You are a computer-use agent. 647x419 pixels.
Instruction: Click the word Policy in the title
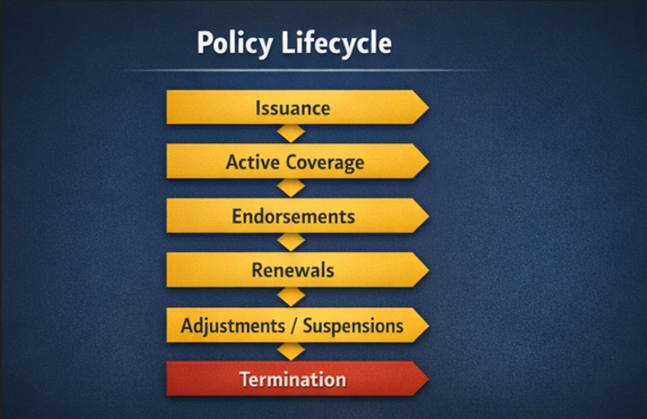(x=235, y=43)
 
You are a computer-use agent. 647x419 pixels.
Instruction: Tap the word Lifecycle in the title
(x=336, y=43)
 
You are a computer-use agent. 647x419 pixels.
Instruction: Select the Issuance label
(x=292, y=108)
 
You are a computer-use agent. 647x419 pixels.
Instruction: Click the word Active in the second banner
(x=253, y=161)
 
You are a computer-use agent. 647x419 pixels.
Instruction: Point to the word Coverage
(x=325, y=163)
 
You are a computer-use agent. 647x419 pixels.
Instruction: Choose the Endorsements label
(x=293, y=216)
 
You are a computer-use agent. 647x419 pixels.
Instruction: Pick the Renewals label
(x=292, y=270)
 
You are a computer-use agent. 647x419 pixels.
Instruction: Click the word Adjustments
(x=233, y=326)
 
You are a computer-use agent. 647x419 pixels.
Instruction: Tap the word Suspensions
(x=353, y=326)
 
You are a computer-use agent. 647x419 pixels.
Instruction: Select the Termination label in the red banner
(x=292, y=379)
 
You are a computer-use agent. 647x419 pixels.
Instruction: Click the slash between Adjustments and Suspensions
(x=294, y=326)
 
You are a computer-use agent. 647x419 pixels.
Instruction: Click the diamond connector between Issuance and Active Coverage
(x=291, y=133)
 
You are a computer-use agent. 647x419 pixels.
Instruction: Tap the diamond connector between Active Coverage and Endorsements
(x=291, y=188)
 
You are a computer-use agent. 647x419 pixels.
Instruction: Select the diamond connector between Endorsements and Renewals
(x=291, y=242)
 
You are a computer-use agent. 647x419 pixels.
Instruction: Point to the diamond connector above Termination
(x=291, y=352)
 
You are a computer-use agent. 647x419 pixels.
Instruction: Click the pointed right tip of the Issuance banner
(x=429, y=108)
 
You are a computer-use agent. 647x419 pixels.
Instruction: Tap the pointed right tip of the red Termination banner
(x=429, y=379)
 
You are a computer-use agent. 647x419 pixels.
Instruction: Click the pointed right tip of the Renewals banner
(x=429, y=270)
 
